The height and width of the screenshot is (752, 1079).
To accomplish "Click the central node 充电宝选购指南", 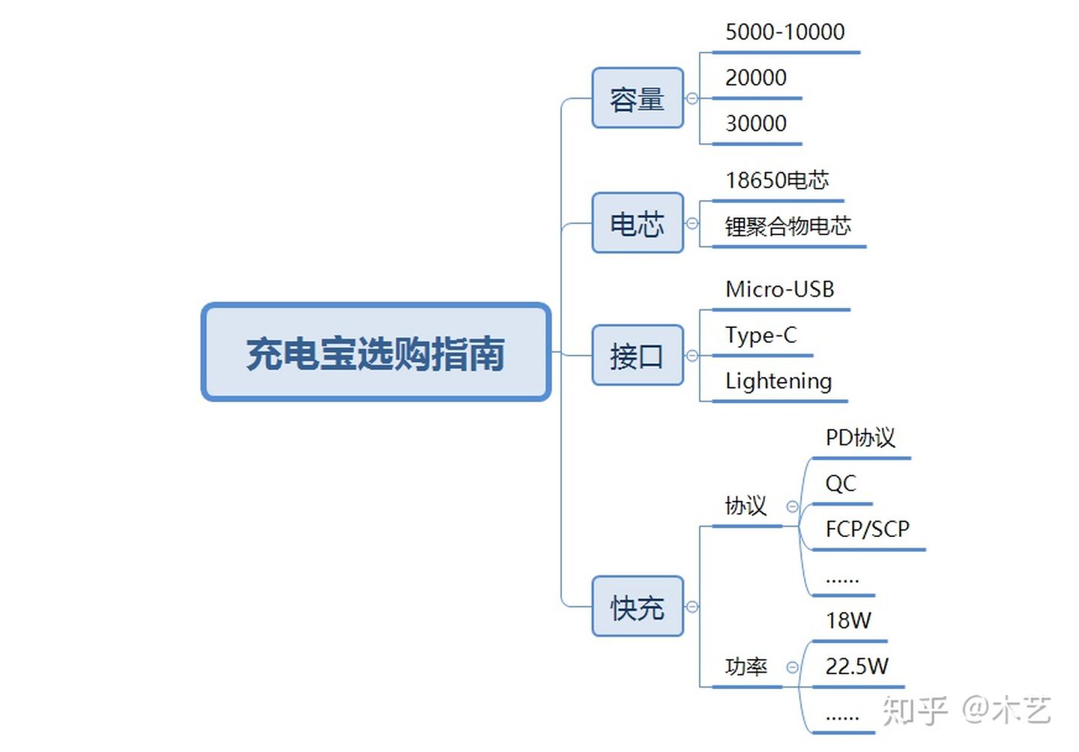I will pyautogui.click(x=375, y=353).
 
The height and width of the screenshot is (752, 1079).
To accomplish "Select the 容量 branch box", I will pyautogui.click(x=637, y=99).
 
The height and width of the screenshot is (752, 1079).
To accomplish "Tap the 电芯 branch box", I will pyautogui.click(x=637, y=223).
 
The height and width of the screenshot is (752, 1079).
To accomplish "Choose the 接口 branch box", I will pyautogui.click(x=637, y=356).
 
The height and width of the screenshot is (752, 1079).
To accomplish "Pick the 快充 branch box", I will pyautogui.click(x=637, y=607).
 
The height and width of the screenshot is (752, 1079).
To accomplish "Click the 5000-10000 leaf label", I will pyautogui.click(x=785, y=32).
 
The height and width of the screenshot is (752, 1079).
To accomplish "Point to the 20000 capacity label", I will pyautogui.click(x=755, y=78).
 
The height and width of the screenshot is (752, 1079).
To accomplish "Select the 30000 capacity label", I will pyautogui.click(x=755, y=124).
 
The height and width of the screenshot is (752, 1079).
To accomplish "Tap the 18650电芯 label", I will pyautogui.click(x=777, y=181).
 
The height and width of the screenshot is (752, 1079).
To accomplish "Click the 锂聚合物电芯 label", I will pyautogui.click(x=788, y=226).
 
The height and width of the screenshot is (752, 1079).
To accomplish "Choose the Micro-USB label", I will pyautogui.click(x=779, y=289).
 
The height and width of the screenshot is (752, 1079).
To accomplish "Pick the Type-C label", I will pyautogui.click(x=761, y=335).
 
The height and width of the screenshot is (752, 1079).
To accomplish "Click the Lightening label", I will pyautogui.click(x=778, y=381).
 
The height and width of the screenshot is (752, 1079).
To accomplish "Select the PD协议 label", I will pyautogui.click(x=860, y=438).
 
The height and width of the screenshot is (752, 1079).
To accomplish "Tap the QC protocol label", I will pyautogui.click(x=840, y=484).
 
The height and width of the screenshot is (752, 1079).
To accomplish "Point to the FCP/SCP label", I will pyautogui.click(x=867, y=530).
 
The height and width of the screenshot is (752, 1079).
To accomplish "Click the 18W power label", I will pyautogui.click(x=848, y=621).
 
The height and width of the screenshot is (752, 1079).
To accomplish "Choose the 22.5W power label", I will pyautogui.click(x=856, y=667).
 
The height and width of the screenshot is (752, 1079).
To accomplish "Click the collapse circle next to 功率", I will pyautogui.click(x=792, y=667).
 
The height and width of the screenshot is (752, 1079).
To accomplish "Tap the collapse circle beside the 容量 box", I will pyautogui.click(x=692, y=99).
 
